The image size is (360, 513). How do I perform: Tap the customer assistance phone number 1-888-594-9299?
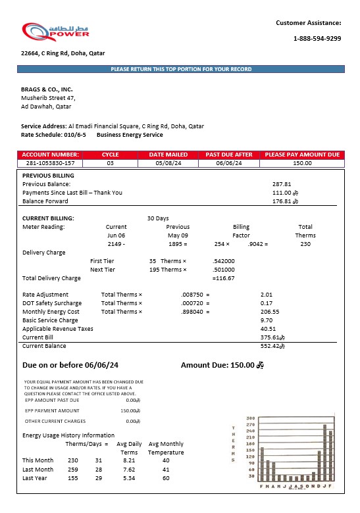click(x=317, y=38)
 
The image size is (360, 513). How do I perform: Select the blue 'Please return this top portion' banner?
click(x=181, y=69)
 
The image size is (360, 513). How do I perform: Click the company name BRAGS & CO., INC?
click(x=47, y=89)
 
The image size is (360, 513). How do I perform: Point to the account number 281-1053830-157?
click(x=50, y=163)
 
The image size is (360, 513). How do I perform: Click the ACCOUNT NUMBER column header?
click(x=50, y=155)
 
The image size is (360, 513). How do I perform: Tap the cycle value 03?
click(x=111, y=163)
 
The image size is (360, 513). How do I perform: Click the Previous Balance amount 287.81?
click(x=281, y=184)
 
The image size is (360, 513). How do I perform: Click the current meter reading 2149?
click(x=115, y=244)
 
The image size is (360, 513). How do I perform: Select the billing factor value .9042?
click(x=257, y=244)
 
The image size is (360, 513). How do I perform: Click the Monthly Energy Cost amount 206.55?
click(x=270, y=312)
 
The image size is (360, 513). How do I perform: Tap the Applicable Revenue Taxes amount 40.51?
click(x=268, y=328)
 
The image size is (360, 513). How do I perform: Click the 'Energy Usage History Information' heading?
click(x=68, y=435)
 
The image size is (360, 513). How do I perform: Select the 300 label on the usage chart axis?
click(x=250, y=419)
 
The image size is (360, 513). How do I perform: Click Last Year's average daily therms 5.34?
click(x=128, y=478)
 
